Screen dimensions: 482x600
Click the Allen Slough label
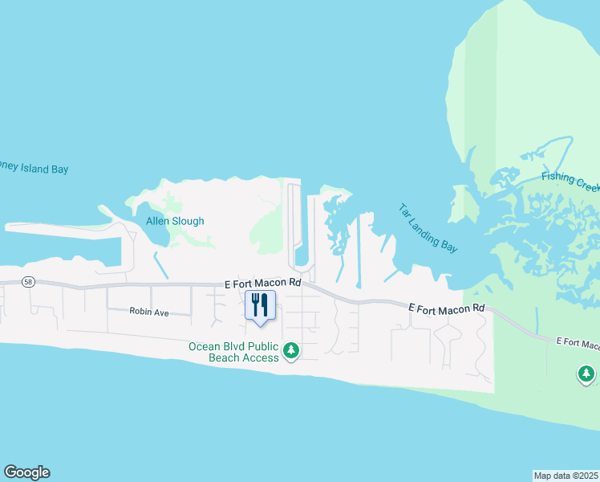175,221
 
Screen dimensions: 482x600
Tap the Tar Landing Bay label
428,228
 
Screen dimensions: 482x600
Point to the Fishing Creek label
570,182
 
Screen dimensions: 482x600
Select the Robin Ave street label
150,312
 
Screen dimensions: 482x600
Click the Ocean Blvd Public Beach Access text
233,352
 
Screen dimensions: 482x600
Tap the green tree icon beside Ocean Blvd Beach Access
292,351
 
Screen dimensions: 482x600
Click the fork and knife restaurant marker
260,306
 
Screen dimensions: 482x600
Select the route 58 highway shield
29,282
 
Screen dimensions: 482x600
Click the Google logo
26,472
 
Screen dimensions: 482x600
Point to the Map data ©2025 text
566,475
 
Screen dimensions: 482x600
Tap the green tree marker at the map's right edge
586,374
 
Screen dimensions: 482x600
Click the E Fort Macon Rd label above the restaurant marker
262,283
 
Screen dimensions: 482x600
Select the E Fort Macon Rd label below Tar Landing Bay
447,308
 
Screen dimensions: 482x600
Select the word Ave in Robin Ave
161,312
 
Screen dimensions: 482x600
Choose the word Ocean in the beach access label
204,347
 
